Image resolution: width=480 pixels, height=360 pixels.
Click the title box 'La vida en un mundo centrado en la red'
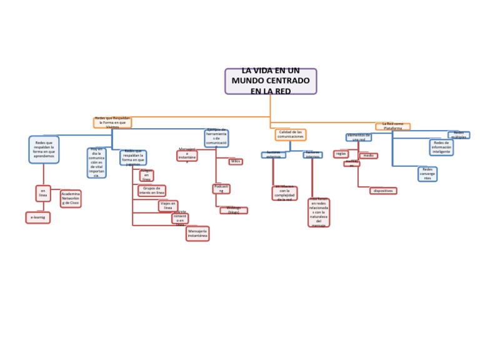271,81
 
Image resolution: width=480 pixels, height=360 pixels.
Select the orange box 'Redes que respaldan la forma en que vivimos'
112,122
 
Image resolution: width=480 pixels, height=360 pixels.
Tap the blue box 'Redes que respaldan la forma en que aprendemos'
44,149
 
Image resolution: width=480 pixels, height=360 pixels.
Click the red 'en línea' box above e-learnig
43,193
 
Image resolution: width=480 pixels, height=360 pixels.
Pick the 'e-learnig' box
37,217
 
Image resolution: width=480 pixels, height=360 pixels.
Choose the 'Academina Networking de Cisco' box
71,199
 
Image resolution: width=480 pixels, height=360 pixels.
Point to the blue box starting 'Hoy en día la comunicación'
96,163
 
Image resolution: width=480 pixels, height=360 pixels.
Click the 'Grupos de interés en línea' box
152,191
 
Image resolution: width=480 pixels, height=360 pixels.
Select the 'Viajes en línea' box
167,206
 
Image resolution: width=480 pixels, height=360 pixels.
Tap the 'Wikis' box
236,162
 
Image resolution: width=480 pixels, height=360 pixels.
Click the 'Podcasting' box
222,189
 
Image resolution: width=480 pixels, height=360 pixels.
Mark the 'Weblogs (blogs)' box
234,211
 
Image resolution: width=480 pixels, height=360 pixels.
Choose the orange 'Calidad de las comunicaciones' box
290,134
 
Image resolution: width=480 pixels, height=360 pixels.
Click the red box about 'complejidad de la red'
285,193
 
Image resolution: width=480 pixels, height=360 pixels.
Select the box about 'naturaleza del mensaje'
319,212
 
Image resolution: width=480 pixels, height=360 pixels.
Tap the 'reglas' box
341,154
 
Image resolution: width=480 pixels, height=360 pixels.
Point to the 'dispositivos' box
383,191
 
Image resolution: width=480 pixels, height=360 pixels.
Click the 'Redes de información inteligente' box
441,147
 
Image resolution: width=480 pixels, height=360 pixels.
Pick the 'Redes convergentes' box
427,174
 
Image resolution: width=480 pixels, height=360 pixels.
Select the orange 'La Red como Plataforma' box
393,126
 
